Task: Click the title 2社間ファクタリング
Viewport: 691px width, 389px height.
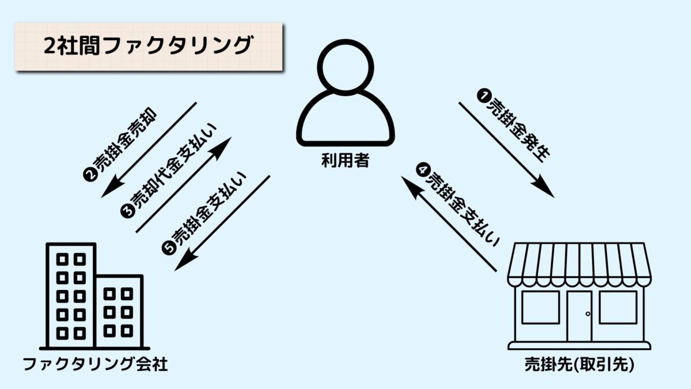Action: [x=149, y=46]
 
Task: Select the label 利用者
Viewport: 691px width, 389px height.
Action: [x=345, y=161]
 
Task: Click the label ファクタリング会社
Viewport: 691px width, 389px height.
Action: [x=95, y=364]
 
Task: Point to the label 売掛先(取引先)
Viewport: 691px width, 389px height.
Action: [x=580, y=365]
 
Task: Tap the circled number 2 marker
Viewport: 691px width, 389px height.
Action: [x=90, y=175]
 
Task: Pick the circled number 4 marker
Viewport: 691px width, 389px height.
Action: [x=423, y=170]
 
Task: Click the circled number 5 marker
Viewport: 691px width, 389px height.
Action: [x=168, y=248]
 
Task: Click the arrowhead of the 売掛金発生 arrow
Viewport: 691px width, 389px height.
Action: [x=545, y=187]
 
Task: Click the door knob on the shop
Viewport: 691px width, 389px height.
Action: [x=588, y=314]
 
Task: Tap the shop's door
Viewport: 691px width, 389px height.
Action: [x=579, y=316]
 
